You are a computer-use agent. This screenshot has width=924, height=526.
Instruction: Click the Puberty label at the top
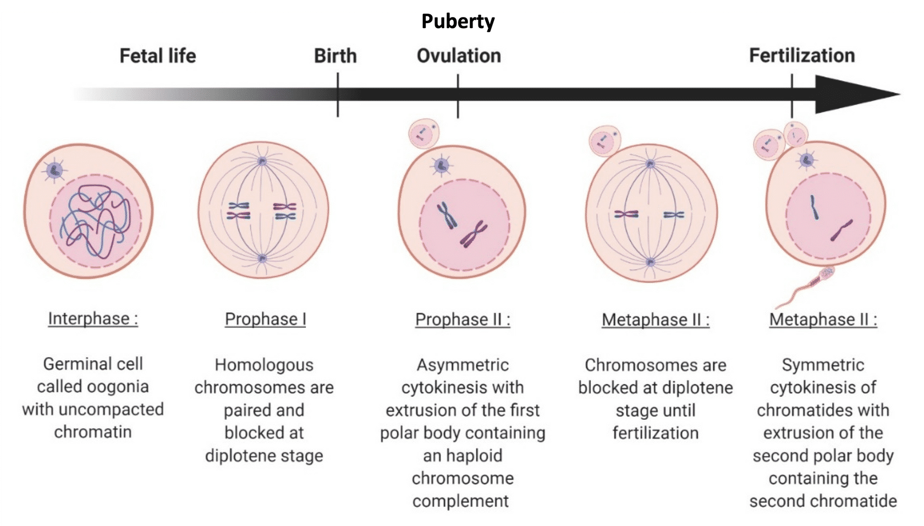click(458, 21)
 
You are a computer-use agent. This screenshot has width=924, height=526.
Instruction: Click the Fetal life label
click(158, 56)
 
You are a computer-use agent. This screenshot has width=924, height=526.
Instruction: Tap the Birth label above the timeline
click(335, 56)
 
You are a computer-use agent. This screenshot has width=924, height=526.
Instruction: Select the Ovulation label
click(459, 56)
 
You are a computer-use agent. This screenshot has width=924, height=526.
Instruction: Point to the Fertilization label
click(802, 56)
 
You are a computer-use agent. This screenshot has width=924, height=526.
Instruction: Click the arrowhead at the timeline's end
click(855, 94)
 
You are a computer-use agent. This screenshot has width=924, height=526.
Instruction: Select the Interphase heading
click(93, 319)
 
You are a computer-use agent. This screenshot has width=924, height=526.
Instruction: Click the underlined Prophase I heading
click(265, 319)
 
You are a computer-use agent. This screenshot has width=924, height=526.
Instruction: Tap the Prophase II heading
click(463, 320)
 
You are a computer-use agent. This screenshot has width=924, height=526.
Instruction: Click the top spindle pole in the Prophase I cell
click(262, 161)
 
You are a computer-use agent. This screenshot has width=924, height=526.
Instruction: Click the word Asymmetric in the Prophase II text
click(463, 365)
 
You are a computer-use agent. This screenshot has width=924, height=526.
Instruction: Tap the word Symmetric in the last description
click(823, 365)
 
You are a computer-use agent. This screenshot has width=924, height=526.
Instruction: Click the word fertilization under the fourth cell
click(655, 433)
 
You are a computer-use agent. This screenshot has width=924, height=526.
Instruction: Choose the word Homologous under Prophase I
click(264, 365)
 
